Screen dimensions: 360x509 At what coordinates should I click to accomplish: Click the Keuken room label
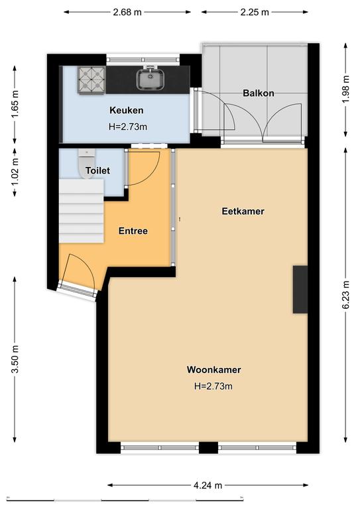click(126, 111)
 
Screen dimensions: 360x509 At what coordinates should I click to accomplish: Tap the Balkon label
click(259, 93)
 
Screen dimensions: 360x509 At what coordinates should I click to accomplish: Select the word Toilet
click(97, 170)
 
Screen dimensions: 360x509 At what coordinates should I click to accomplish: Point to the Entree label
click(133, 231)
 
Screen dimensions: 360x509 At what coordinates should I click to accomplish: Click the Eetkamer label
click(243, 211)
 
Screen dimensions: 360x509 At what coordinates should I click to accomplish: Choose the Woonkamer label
click(213, 370)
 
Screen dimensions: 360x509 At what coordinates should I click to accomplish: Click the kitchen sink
click(150, 79)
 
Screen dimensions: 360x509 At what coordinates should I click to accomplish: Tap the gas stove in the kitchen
click(91, 80)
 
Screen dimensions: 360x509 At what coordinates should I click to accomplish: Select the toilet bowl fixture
click(86, 163)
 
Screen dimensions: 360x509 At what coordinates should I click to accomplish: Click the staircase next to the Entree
click(81, 211)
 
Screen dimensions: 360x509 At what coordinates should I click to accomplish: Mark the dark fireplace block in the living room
click(300, 289)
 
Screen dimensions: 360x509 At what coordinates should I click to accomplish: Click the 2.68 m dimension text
click(127, 12)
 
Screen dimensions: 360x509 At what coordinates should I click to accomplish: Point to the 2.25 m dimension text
click(255, 12)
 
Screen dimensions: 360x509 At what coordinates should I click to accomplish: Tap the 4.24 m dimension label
click(208, 485)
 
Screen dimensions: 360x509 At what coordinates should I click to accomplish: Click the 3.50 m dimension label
click(15, 359)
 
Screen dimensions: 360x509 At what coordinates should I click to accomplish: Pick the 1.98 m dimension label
click(346, 89)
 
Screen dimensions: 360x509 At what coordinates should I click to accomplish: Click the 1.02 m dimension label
click(15, 172)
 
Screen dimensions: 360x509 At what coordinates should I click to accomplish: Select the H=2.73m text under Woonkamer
click(213, 386)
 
